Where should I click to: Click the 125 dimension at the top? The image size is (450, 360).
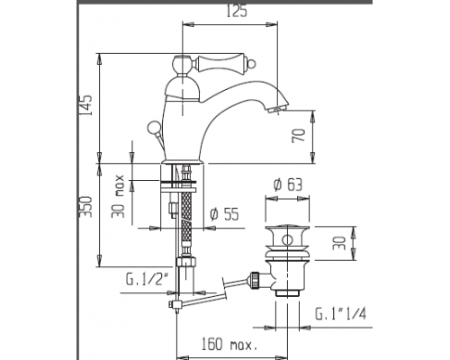click(x=236, y=13)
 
